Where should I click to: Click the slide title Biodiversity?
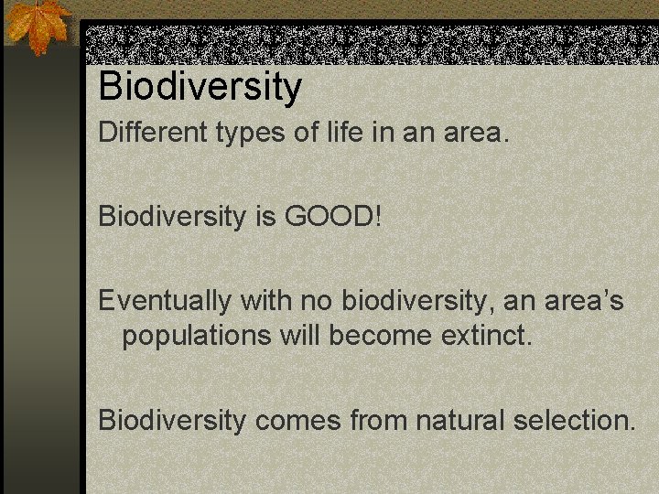pos(200,87)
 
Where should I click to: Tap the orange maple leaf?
pos(39,26)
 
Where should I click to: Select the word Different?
pos(153,133)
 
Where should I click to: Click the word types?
pos(252,134)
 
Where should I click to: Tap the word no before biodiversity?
pos(319,301)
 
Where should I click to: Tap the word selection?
pos(574,420)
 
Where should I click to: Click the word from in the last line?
pos(377,420)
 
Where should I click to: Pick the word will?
pos(301,335)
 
